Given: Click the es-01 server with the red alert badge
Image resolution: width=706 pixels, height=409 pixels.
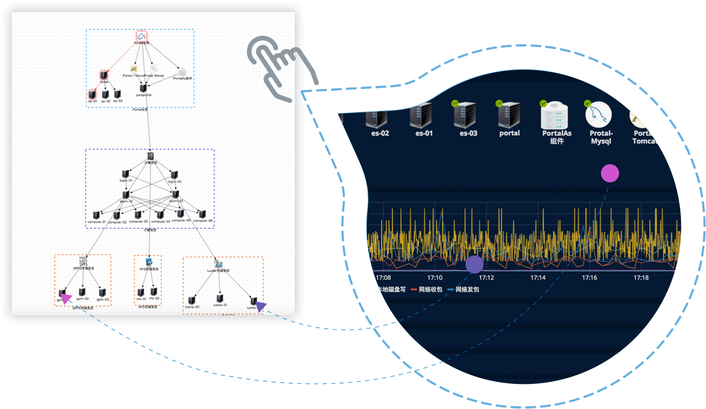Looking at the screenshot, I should click(x=424, y=115).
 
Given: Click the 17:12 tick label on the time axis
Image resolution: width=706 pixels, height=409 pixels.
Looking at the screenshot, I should click(x=486, y=278).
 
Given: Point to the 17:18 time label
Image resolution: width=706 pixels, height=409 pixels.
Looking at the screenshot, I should click(x=641, y=278).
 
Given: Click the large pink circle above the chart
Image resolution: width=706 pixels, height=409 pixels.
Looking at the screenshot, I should click(x=610, y=173).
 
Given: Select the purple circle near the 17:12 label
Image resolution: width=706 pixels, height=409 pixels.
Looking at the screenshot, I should click(x=475, y=264).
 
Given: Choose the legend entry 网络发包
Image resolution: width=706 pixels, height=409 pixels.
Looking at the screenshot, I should click(x=463, y=290).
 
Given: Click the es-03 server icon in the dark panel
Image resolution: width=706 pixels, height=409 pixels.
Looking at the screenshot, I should click(x=468, y=115).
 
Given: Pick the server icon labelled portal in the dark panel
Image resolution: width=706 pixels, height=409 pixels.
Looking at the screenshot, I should click(x=509, y=114).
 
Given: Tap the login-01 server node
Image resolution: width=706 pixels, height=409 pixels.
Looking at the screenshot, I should click(x=126, y=174).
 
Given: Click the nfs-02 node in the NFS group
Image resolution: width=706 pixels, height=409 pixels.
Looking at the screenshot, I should click(x=154, y=292).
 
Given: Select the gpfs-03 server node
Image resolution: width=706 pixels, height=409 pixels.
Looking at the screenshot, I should click(x=102, y=293).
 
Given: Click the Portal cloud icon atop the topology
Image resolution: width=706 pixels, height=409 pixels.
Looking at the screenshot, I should click(x=141, y=36).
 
